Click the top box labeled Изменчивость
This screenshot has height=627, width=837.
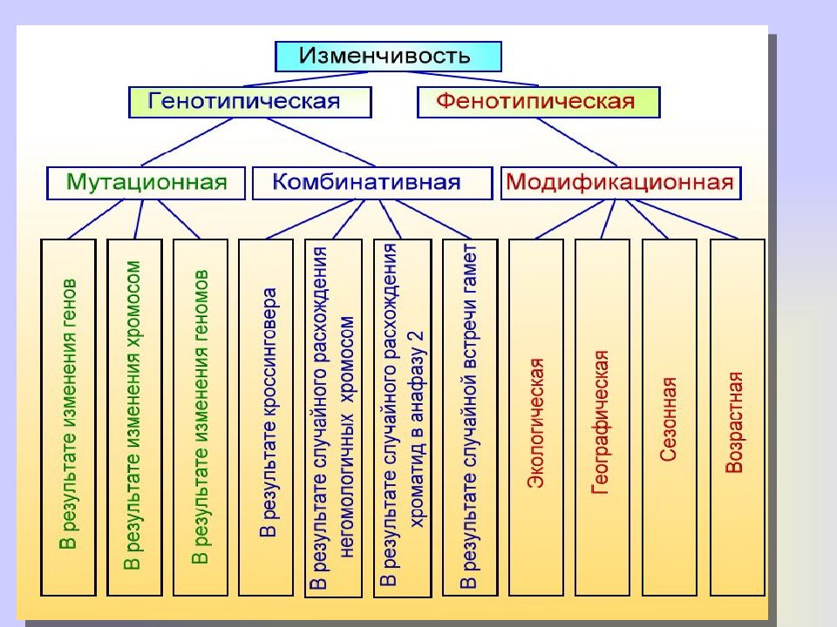click(388, 57)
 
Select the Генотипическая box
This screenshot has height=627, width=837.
click(250, 102)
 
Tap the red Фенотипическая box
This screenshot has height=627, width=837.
click(539, 102)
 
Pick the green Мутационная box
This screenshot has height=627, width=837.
click(146, 183)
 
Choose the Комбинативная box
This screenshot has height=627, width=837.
click(372, 183)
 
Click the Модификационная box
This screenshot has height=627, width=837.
click(621, 183)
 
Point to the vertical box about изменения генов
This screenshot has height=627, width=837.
click(68, 417)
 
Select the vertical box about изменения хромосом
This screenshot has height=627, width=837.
click(134, 417)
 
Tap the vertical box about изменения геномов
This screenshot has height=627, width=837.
click(201, 417)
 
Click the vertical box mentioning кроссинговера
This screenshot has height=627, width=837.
click(266, 417)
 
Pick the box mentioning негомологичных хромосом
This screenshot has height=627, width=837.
click(333, 418)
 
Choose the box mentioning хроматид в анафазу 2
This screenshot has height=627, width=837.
click(403, 418)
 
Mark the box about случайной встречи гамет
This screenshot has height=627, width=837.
click(470, 417)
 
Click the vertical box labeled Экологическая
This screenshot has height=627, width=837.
click(536, 417)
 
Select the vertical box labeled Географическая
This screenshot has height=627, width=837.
click(602, 417)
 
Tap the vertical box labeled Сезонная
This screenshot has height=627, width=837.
click(670, 417)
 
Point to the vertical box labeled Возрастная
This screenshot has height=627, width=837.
click(738, 417)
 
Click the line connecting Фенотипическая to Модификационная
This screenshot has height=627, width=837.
click(576, 142)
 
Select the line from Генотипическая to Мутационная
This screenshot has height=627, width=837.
click(187, 142)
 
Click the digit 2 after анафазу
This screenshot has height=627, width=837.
click(418, 338)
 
